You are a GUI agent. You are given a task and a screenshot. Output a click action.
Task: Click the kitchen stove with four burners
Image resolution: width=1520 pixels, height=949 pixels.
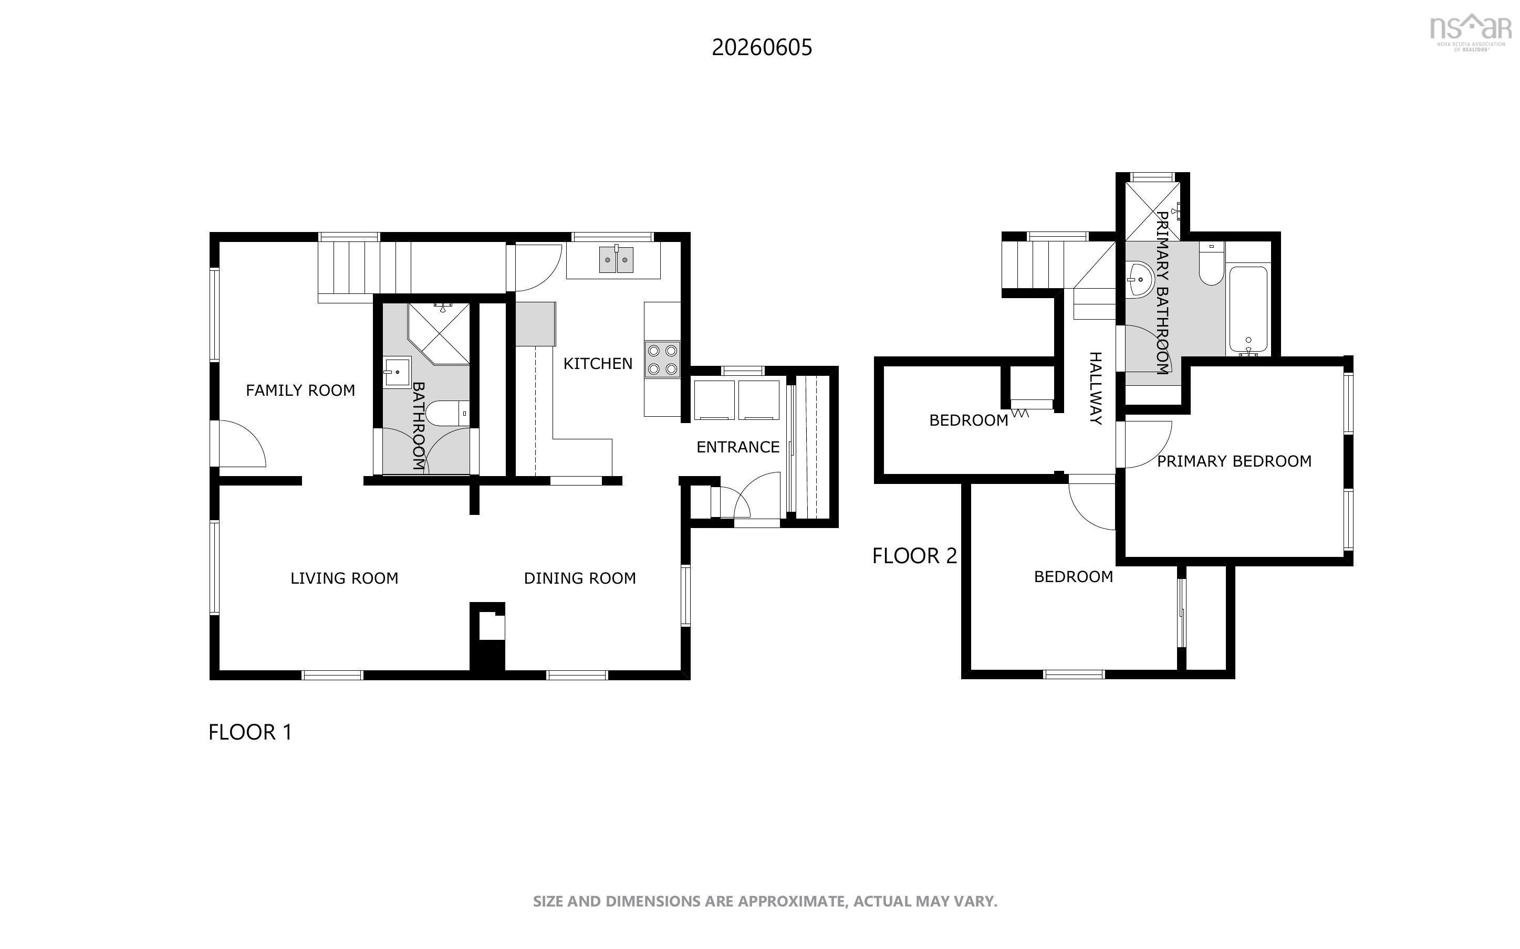click(662, 360)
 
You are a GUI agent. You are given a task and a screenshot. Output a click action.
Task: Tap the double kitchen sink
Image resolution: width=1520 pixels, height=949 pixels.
click(616, 260)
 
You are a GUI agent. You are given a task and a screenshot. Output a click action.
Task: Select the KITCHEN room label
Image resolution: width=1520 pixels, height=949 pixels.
click(598, 363)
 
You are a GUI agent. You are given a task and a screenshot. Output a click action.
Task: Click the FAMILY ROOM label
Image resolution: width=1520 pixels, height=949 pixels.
click(300, 391)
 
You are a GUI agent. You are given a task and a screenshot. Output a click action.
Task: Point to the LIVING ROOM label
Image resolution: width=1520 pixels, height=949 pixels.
click(344, 578)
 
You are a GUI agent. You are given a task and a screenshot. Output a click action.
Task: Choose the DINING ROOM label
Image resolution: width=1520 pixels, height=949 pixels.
click(579, 578)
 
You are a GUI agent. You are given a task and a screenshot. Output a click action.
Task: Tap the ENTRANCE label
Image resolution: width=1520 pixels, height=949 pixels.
click(738, 447)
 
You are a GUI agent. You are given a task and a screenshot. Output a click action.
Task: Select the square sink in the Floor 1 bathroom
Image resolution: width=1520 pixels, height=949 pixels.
click(397, 372)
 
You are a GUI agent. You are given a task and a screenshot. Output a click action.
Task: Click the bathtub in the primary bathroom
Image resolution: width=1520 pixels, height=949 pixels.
click(1247, 310)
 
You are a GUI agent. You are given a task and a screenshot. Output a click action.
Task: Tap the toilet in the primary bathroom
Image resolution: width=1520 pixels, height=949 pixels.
click(1211, 264)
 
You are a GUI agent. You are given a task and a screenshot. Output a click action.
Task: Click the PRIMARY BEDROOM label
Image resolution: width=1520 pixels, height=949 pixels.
click(1234, 461)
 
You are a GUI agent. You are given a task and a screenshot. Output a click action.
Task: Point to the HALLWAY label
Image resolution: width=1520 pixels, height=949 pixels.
click(1095, 388)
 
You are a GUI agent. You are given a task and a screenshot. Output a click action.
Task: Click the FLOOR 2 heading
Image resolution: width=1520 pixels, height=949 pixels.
click(914, 555)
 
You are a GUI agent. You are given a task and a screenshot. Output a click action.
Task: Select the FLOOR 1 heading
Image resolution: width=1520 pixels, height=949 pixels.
click(250, 732)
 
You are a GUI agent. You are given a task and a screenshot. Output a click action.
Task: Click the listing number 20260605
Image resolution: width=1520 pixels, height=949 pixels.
click(762, 48)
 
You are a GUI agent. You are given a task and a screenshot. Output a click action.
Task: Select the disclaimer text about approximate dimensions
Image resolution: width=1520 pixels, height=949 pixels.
click(765, 901)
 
